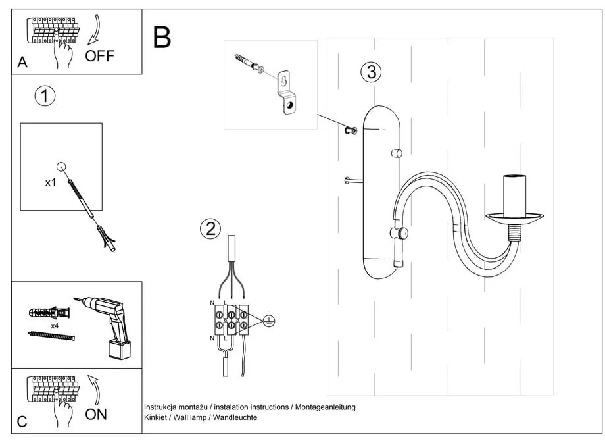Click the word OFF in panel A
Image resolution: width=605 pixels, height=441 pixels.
[x=99, y=55]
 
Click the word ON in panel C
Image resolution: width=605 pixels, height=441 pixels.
[x=96, y=415]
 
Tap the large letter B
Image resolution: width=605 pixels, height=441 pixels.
[x=162, y=38]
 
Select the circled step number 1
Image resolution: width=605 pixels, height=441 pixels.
[x=45, y=96]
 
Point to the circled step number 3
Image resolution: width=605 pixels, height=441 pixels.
[x=372, y=72]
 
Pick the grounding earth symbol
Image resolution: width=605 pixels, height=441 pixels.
[x=268, y=321]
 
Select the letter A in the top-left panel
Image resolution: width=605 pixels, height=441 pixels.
[x=22, y=63]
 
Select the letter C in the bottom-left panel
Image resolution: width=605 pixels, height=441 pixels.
[x=22, y=422]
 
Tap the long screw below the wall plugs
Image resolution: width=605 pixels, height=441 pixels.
[x=51, y=336]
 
